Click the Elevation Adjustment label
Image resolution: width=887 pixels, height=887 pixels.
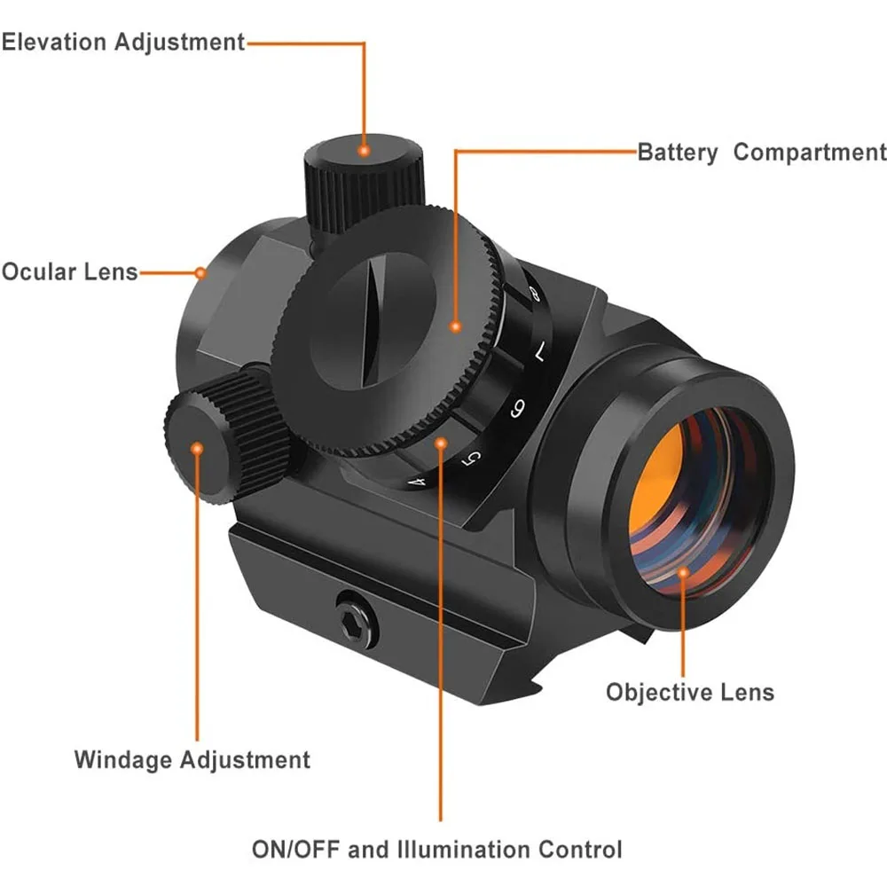click(122, 42)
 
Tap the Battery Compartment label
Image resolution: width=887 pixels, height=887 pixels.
click(762, 153)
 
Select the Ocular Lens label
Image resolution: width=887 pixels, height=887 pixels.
click(69, 271)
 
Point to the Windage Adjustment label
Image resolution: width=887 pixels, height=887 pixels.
click(192, 760)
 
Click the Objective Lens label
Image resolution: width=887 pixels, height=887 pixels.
click(690, 692)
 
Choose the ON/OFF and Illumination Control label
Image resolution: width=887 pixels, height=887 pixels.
click(437, 849)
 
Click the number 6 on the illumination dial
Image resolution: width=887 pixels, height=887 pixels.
click(518, 409)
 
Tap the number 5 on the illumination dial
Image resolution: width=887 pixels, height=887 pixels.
click(473, 456)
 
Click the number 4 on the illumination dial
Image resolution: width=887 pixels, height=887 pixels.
click(420, 482)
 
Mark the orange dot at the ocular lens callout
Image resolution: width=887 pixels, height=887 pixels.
click(201, 271)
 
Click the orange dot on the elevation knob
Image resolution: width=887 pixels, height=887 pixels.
click(363, 151)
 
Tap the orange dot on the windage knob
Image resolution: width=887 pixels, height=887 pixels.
click(197, 448)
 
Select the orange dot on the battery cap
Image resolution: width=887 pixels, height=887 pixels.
click(455, 327)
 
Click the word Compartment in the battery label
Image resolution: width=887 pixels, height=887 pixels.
click(810, 153)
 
